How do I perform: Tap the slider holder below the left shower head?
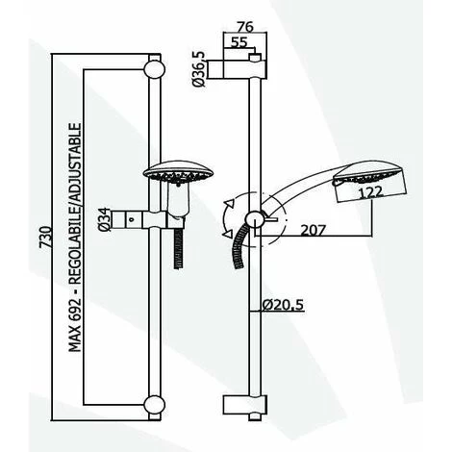click(153, 217)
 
